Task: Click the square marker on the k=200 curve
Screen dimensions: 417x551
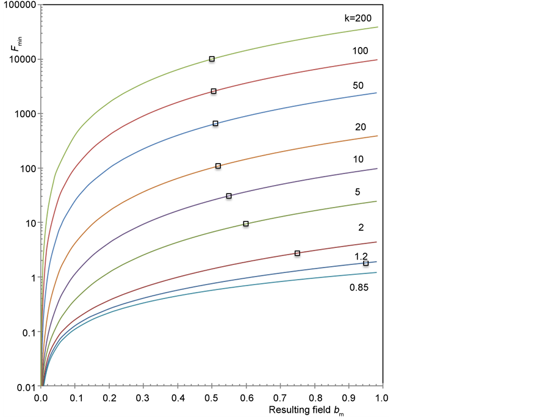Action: pos(212,59)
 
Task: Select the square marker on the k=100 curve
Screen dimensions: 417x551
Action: pos(214,91)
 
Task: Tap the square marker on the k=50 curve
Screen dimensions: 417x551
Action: pos(215,123)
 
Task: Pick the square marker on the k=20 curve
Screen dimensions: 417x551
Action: pos(218,165)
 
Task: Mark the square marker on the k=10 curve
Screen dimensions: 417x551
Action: pos(229,196)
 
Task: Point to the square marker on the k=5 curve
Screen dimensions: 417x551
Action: pos(246,224)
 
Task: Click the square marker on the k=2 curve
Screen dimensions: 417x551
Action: pos(297,253)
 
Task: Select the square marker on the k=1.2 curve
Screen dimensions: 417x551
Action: pos(366,263)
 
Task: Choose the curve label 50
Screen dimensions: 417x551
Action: pos(359,85)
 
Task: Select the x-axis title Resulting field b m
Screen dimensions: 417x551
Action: pos(306,410)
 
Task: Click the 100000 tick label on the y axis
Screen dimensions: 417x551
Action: pos(19,5)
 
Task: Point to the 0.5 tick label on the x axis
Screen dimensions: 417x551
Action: pos(212,397)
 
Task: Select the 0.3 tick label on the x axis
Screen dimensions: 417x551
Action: pos(143,397)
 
